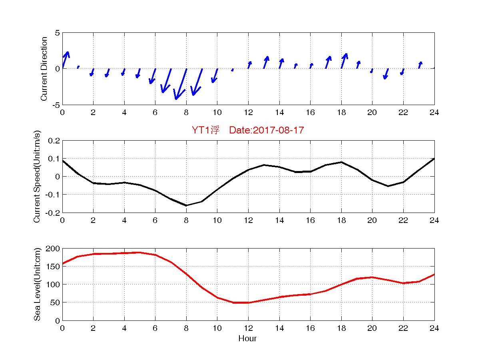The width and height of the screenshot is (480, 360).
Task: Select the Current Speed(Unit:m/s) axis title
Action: [x=37, y=177]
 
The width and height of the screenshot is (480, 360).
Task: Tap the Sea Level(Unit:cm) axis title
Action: [x=37, y=284]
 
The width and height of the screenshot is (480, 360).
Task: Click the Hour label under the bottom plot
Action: [x=247, y=339]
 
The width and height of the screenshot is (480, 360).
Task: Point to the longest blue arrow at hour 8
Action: [x=181, y=84]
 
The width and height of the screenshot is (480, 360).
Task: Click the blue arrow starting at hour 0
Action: [x=66, y=60]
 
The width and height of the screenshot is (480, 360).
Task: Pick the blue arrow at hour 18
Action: [x=344, y=61]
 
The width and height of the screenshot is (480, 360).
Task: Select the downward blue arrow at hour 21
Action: [x=386, y=74]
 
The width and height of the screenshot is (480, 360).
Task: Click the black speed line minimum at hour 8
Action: [x=186, y=205]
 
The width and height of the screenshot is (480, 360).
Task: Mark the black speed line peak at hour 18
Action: [x=341, y=162]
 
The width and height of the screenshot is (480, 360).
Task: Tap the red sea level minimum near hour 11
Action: [x=233, y=302]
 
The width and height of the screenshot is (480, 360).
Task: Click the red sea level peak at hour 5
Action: [x=139, y=253]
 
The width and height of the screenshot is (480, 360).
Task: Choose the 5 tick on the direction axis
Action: [x=57, y=33]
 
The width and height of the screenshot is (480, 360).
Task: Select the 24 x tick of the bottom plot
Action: [x=434, y=328]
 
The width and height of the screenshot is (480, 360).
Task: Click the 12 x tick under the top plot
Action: [x=248, y=113]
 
